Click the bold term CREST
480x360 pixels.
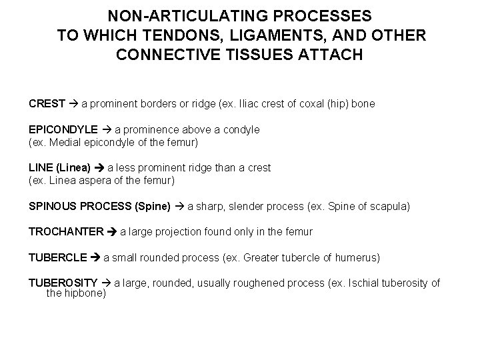(x=47, y=104)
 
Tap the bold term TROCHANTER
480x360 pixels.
(x=67, y=232)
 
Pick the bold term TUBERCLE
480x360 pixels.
(x=58, y=257)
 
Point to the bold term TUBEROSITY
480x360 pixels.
(x=63, y=283)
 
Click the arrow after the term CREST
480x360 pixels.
(x=73, y=104)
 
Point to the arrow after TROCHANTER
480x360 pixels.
(x=112, y=232)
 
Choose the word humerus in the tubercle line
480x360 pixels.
(x=357, y=257)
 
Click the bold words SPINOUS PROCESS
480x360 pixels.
(x=80, y=207)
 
